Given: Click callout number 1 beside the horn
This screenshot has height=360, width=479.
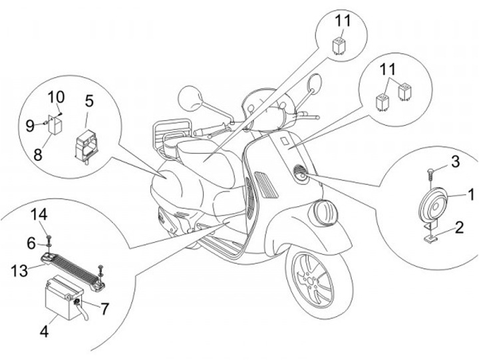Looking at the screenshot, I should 470,194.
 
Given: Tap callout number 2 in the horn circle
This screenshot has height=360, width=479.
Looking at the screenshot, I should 458,230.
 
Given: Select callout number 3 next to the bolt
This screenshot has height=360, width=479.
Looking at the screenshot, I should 455,161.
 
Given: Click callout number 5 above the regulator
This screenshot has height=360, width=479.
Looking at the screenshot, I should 88,102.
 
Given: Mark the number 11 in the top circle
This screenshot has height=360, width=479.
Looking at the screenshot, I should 343,20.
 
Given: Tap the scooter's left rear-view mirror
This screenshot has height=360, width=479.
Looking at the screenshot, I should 190,97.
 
